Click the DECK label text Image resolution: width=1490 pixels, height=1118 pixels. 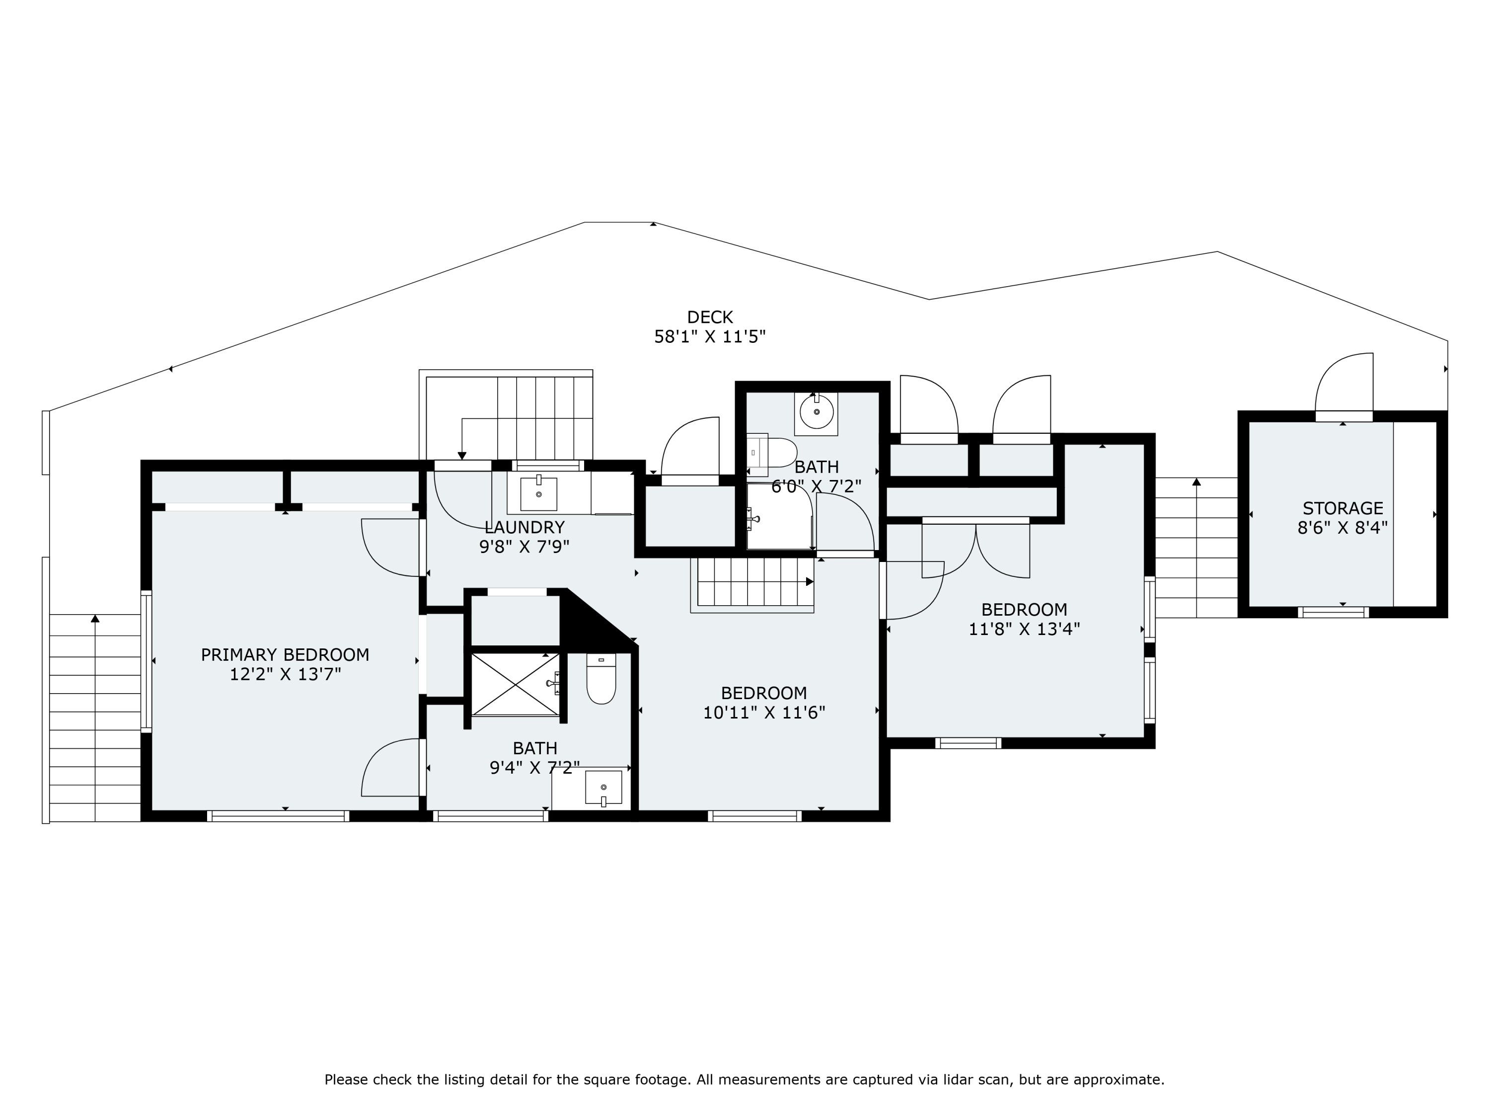pos(710,317)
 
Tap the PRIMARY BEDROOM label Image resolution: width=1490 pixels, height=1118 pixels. pos(285,654)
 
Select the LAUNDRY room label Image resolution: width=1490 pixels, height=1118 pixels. pos(524,527)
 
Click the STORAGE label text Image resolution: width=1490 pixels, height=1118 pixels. pos(1342,508)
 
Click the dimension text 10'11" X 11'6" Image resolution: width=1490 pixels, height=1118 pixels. pos(764,713)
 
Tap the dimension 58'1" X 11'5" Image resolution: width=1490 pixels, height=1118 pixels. pos(710,336)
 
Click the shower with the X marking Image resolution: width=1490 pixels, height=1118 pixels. pos(516,684)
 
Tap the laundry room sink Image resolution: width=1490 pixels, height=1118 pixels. pos(539,494)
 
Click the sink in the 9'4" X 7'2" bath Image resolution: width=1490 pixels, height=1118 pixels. pos(603,787)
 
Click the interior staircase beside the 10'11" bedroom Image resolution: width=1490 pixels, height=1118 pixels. pos(752,585)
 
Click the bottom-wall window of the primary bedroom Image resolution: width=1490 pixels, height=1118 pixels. pos(278,816)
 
